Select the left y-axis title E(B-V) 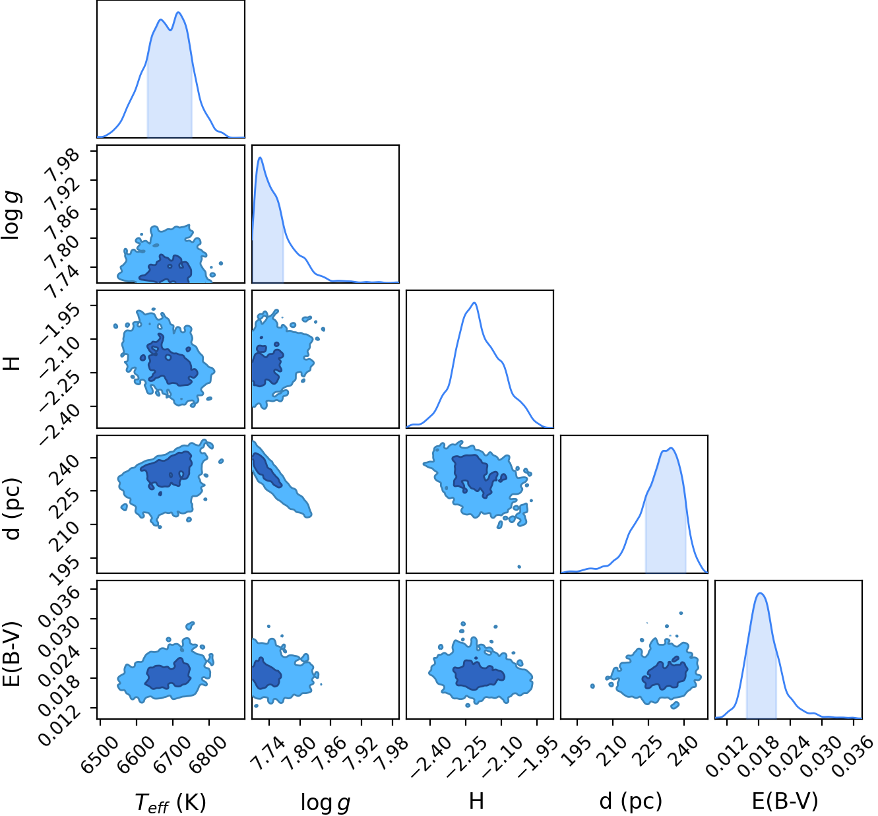click(x=11, y=654)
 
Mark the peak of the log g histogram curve click(x=261, y=158)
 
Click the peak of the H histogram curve click(x=474, y=303)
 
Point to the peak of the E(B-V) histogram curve click(x=760, y=593)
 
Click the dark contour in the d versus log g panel click(x=265, y=469)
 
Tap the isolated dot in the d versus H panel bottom click(x=519, y=567)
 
